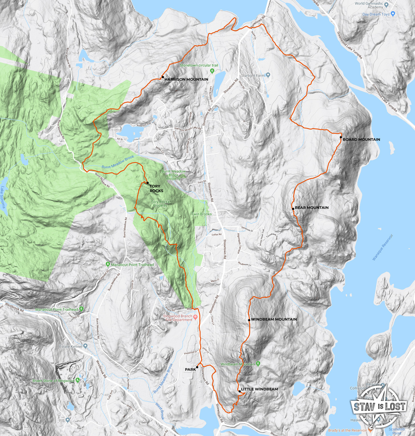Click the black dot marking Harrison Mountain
[x=163, y=77]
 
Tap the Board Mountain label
[x=361, y=140]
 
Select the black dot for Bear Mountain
[x=293, y=209]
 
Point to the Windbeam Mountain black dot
[x=249, y=320]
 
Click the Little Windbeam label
[x=259, y=389]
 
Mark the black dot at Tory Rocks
[x=148, y=183]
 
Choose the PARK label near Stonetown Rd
[x=190, y=370]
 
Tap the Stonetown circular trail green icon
[x=212, y=71]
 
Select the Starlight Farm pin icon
[x=268, y=75]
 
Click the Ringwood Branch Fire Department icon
[x=196, y=317]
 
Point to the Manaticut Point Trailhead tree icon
[x=108, y=265]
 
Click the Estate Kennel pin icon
[x=85, y=346]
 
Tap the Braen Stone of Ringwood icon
[x=77, y=380]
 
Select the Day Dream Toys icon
[x=393, y=14]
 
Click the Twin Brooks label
[x=201, y=214]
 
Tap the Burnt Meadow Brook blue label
[x=118, y=162]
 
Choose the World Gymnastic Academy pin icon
[x=387, y=5]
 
